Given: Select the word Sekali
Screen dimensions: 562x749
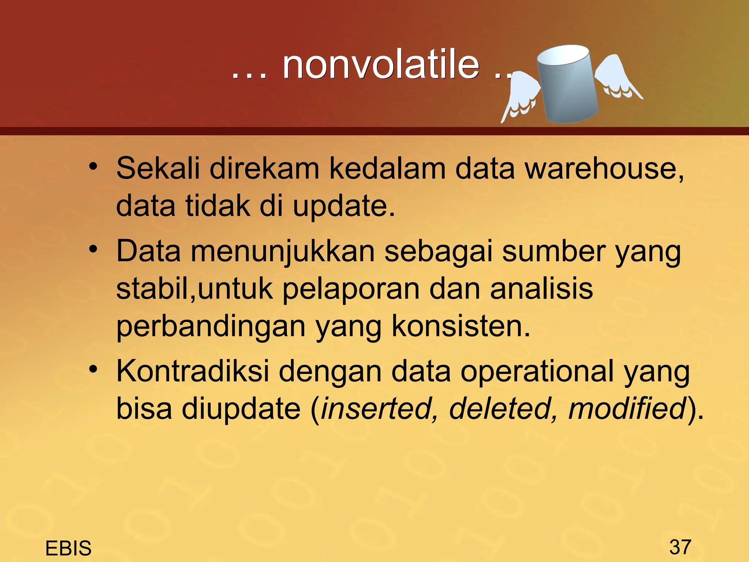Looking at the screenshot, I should pyautogui.click(x=158, y=168).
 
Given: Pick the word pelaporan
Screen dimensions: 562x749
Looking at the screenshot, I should pyautogui.click(x=351, y=289).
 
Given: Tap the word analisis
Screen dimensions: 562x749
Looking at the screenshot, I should pyautogui.click(x=541, y=289).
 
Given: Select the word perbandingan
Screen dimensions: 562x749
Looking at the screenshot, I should pyautogui.click(x=211, y=327).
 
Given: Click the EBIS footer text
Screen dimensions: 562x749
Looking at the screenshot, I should pyautogui.click(x=68, y=548).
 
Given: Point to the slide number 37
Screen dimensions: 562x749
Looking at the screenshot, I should pyautogui.click(x=680, y=547).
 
